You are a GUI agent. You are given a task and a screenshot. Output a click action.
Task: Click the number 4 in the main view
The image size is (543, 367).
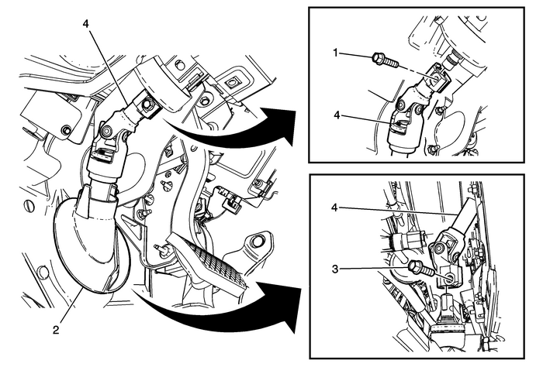86,24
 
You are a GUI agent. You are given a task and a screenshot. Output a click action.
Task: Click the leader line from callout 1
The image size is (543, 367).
358,57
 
